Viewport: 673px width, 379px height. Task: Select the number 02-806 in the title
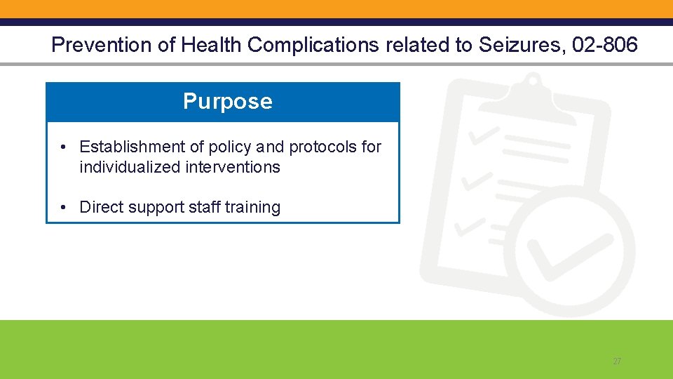point(605,46)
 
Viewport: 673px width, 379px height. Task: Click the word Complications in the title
point(313,46)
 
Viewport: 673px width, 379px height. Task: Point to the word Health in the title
point(212,46)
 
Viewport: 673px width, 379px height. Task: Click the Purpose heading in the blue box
point(227,102)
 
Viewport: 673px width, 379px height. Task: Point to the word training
point(252,207)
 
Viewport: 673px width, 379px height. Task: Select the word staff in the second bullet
point(203,207)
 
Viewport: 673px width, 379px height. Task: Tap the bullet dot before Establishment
point(63,147)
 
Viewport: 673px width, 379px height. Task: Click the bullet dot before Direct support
point(63,207)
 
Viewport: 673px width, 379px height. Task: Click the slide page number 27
point(617,361)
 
